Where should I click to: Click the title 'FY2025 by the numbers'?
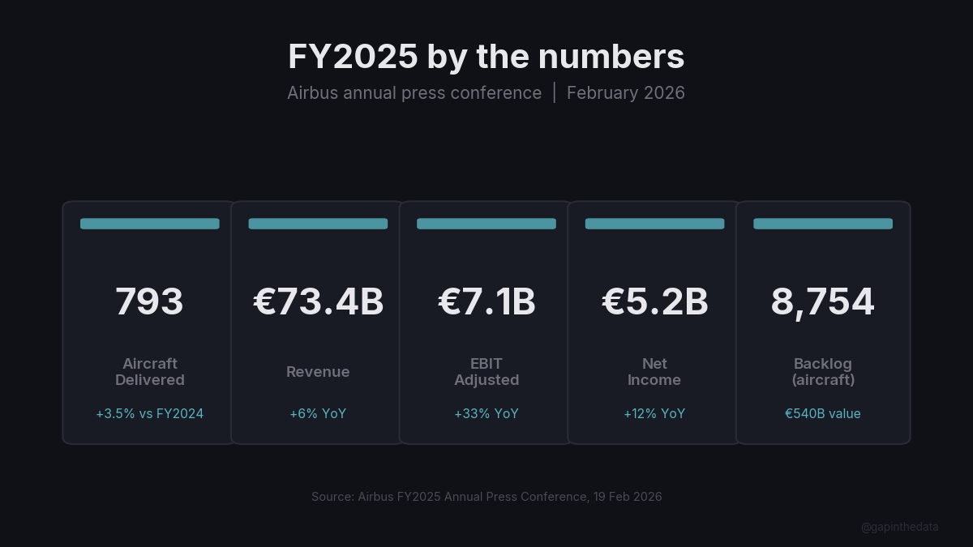[x=486, y=58]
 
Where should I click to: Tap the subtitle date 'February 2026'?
[x=626, y=93]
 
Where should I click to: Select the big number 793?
[x=150, y=302]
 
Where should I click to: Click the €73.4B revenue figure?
[x=318, y=302]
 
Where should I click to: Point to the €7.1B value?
[x=486, y=302]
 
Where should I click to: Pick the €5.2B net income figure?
[x=654, y=302]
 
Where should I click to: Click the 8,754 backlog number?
[x=823, y=302]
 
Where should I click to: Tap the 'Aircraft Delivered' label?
[x=150, y=372]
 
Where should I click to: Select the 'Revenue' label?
[x=318, y=372]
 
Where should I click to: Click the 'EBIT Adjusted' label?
[x=486, y=372]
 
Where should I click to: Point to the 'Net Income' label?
[x=654, y=372]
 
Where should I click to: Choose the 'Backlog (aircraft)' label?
[x=823, y=372]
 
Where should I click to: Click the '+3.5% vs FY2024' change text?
[x=150, y=414]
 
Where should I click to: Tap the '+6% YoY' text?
[x=318, y=414]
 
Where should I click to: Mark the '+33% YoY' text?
[x=486, y=414]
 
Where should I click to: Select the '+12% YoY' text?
[x=654, y=414]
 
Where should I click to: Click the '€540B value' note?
[x=823, y=414]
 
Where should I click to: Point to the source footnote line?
[x=486, y=497]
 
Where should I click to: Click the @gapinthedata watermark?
[x=900, y=528]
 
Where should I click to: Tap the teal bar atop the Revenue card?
[x=318, y=224]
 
